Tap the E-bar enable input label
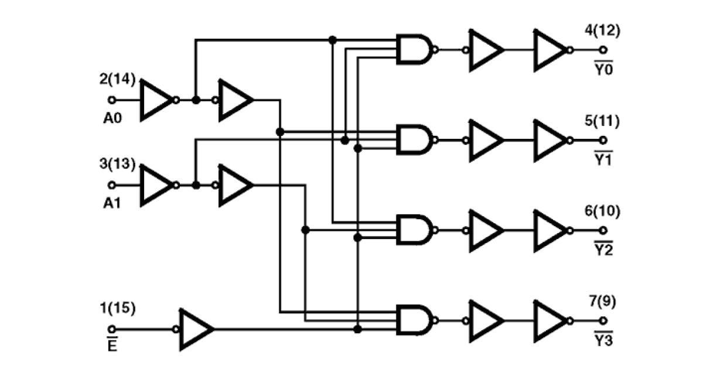pos(112,344)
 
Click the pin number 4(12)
pos(602,30)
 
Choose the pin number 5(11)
pos(602,122)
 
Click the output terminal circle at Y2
pos(603,230)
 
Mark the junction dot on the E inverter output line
pos(357,329)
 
